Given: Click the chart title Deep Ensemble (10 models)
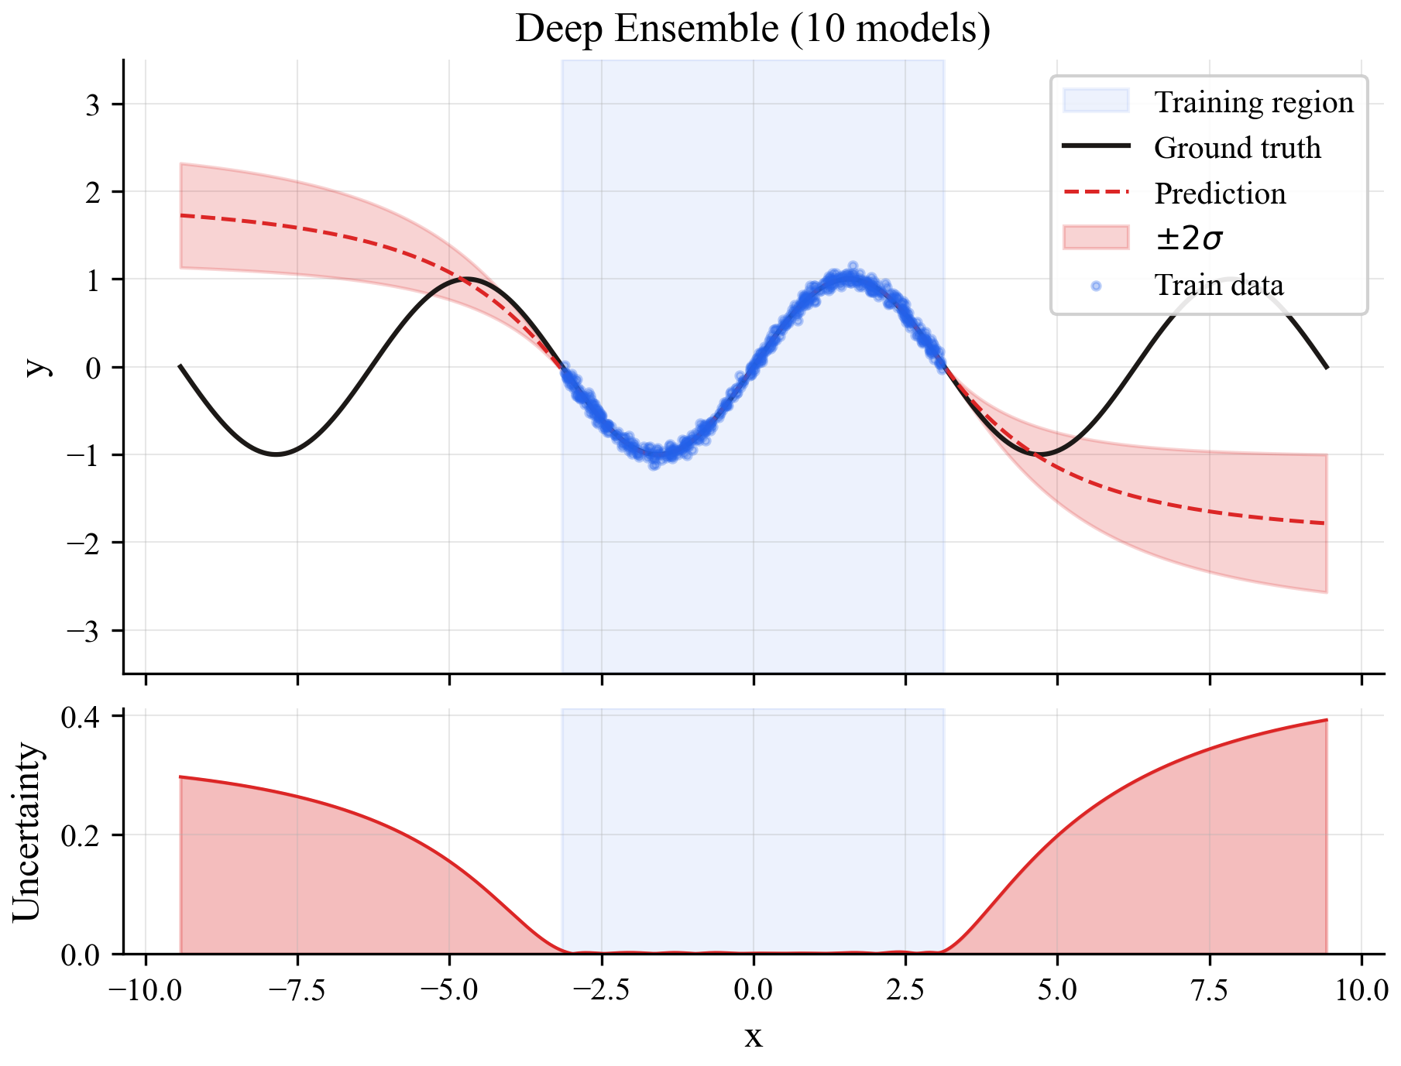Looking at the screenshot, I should tap(752, 29).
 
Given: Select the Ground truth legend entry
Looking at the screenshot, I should tap(1237, 148).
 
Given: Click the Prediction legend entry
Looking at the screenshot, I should tap(1219, 194).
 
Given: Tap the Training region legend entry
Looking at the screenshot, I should tap(1253, 102).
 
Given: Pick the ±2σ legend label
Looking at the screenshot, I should tap(1189, 239).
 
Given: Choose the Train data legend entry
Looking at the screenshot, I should tap(1218, 285).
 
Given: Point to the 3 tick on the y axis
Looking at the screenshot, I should tap(94, 105).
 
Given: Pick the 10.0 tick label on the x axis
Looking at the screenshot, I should tap(1361, 991).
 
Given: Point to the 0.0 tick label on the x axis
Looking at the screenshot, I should tap(753, 991).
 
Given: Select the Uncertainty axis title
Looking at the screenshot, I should tap(26, 832).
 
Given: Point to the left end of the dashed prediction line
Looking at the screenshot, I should tap(180, 215).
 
